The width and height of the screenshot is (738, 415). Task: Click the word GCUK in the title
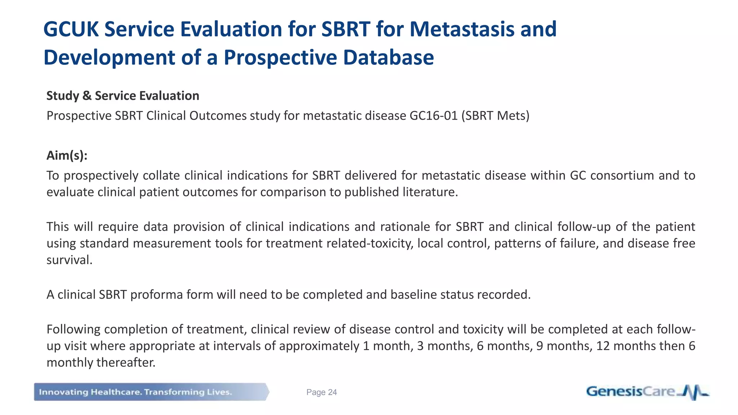tap(71, 29)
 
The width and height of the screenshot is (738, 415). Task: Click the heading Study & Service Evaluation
tap(123, 96)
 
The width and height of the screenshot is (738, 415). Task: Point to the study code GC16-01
tap(434, 116)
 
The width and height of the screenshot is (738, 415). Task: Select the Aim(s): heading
tap(67, 156)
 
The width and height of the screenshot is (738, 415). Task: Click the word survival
tap(69, 260)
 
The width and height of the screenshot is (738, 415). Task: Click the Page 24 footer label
tap(321, 392)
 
